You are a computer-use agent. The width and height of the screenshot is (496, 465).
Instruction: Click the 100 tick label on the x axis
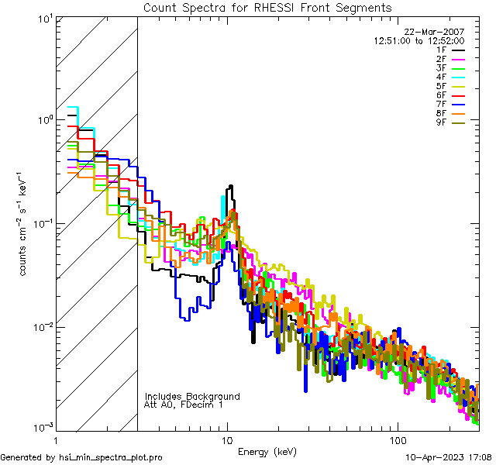(x=398, y=440)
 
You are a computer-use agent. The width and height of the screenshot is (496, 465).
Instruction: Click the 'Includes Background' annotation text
(x=192, y=396)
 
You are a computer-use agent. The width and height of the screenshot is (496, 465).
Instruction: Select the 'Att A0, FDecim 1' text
(x=184, y=405)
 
